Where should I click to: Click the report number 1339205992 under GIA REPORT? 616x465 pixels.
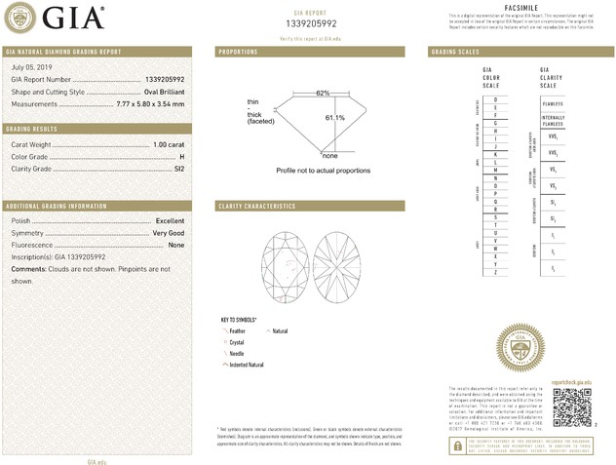(x=312, y=24)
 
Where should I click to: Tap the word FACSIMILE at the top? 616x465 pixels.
(x=523, y=7)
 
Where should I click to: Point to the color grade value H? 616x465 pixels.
(x=181, y=156)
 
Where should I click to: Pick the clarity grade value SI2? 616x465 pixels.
(x=177, y=169)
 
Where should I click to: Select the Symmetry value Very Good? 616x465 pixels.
(x=168, y=233)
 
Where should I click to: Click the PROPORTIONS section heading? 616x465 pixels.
(x=238, y=51)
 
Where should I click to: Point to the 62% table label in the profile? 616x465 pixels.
(x=323, y=93)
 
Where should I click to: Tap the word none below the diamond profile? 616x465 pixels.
(x=329, y=155)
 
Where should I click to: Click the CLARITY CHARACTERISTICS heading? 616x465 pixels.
(x=257, y=207)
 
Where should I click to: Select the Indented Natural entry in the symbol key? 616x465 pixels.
(x=246, y=365)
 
